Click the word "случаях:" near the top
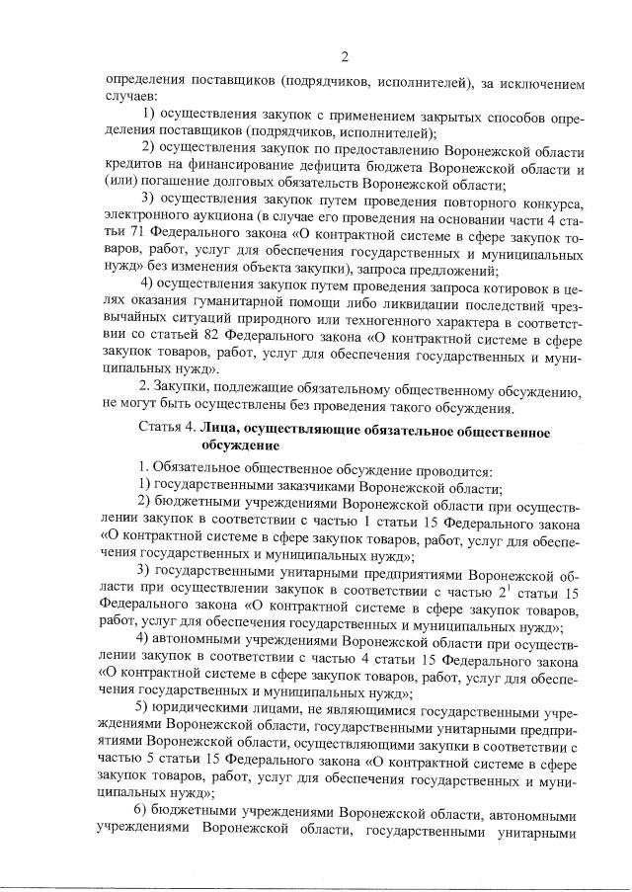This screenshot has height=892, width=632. (x=128, y=96)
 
